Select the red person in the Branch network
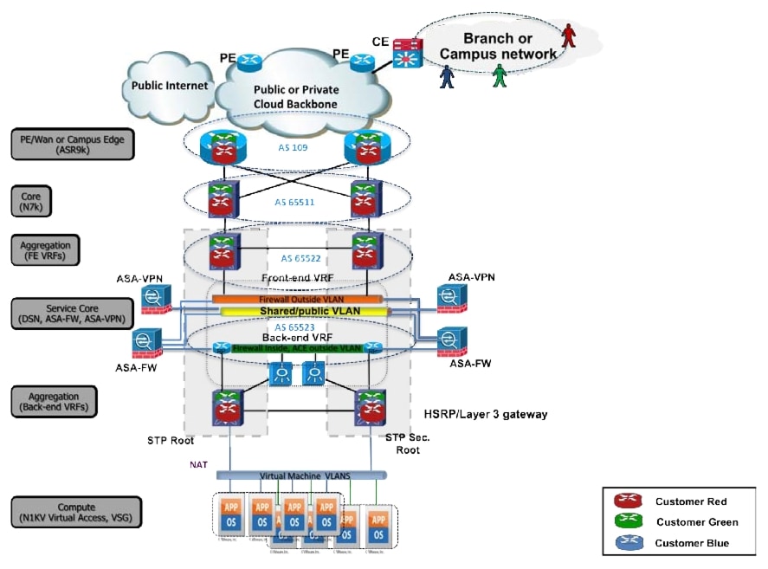point(568,35)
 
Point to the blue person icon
point(447,75)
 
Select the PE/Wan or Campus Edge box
point(73,144)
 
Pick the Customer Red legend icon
point(627,501)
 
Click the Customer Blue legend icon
point(627,543)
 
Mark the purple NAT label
point(199,464)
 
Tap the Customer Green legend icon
point(627,522)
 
